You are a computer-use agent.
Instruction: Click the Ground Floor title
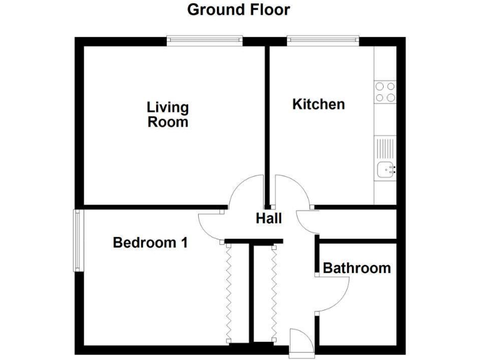[x=238, y=10]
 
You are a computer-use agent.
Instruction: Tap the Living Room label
[x=167, y=114]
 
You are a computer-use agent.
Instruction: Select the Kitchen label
[x=318, y=104]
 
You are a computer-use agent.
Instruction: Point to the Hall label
[x=269, y=219]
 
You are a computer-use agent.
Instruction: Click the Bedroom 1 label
[x=150, y=242]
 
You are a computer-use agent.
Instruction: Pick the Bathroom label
[x=357, y=268]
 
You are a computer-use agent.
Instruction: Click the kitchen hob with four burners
[x=385, y=92]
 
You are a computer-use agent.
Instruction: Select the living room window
[x=204, y=41]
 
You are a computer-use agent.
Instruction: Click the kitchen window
[x=322, y=41]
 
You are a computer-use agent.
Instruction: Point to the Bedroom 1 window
[x=78, y=240]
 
